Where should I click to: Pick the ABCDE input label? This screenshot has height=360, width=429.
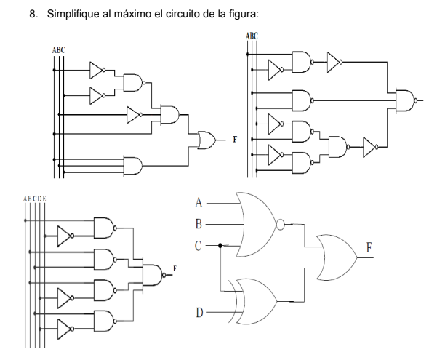(x=34, y=197)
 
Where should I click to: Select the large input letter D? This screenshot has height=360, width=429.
(x=200, y=313)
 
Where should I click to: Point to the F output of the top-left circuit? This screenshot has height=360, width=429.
(x=233, y=137)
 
